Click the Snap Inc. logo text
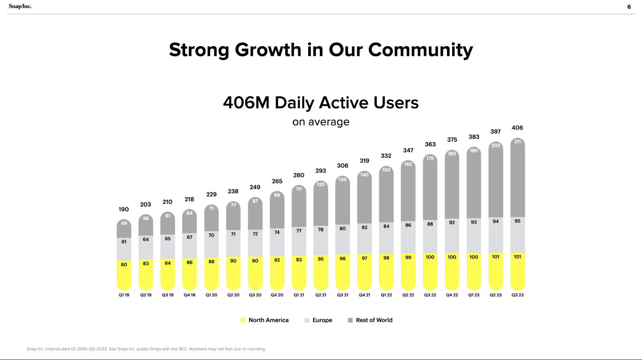(20, 6)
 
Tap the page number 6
(629, 7)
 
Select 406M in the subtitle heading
(246, 103)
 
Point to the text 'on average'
(321, 122)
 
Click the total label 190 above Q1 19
(124, 209)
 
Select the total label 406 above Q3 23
(517, 128)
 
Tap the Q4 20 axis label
(277, 295)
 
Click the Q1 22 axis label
(386, 295)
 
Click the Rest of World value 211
(518, 142)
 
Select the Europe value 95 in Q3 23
(518, 221)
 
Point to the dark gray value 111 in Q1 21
(299, 189)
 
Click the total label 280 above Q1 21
(299, 175)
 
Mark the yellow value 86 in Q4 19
(189, 262)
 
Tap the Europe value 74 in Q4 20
(277, 232)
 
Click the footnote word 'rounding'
(256, 349)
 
